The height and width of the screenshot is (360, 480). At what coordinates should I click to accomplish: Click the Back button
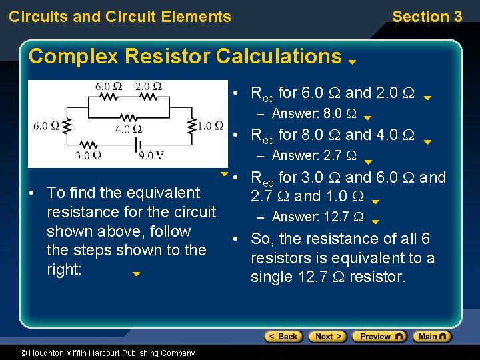(283, 337)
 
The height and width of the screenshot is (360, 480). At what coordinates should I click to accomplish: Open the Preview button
(379, 337)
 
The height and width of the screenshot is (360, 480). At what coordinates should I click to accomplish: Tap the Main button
(431, 337)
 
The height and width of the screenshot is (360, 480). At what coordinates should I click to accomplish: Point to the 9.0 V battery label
(151, 157)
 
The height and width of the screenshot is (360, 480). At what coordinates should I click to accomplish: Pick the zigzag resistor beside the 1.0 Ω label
(192, 125)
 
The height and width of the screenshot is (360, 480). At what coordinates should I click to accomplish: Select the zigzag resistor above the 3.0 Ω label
(87, 144)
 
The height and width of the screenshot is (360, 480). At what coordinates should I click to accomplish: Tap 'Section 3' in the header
(427, 17)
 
